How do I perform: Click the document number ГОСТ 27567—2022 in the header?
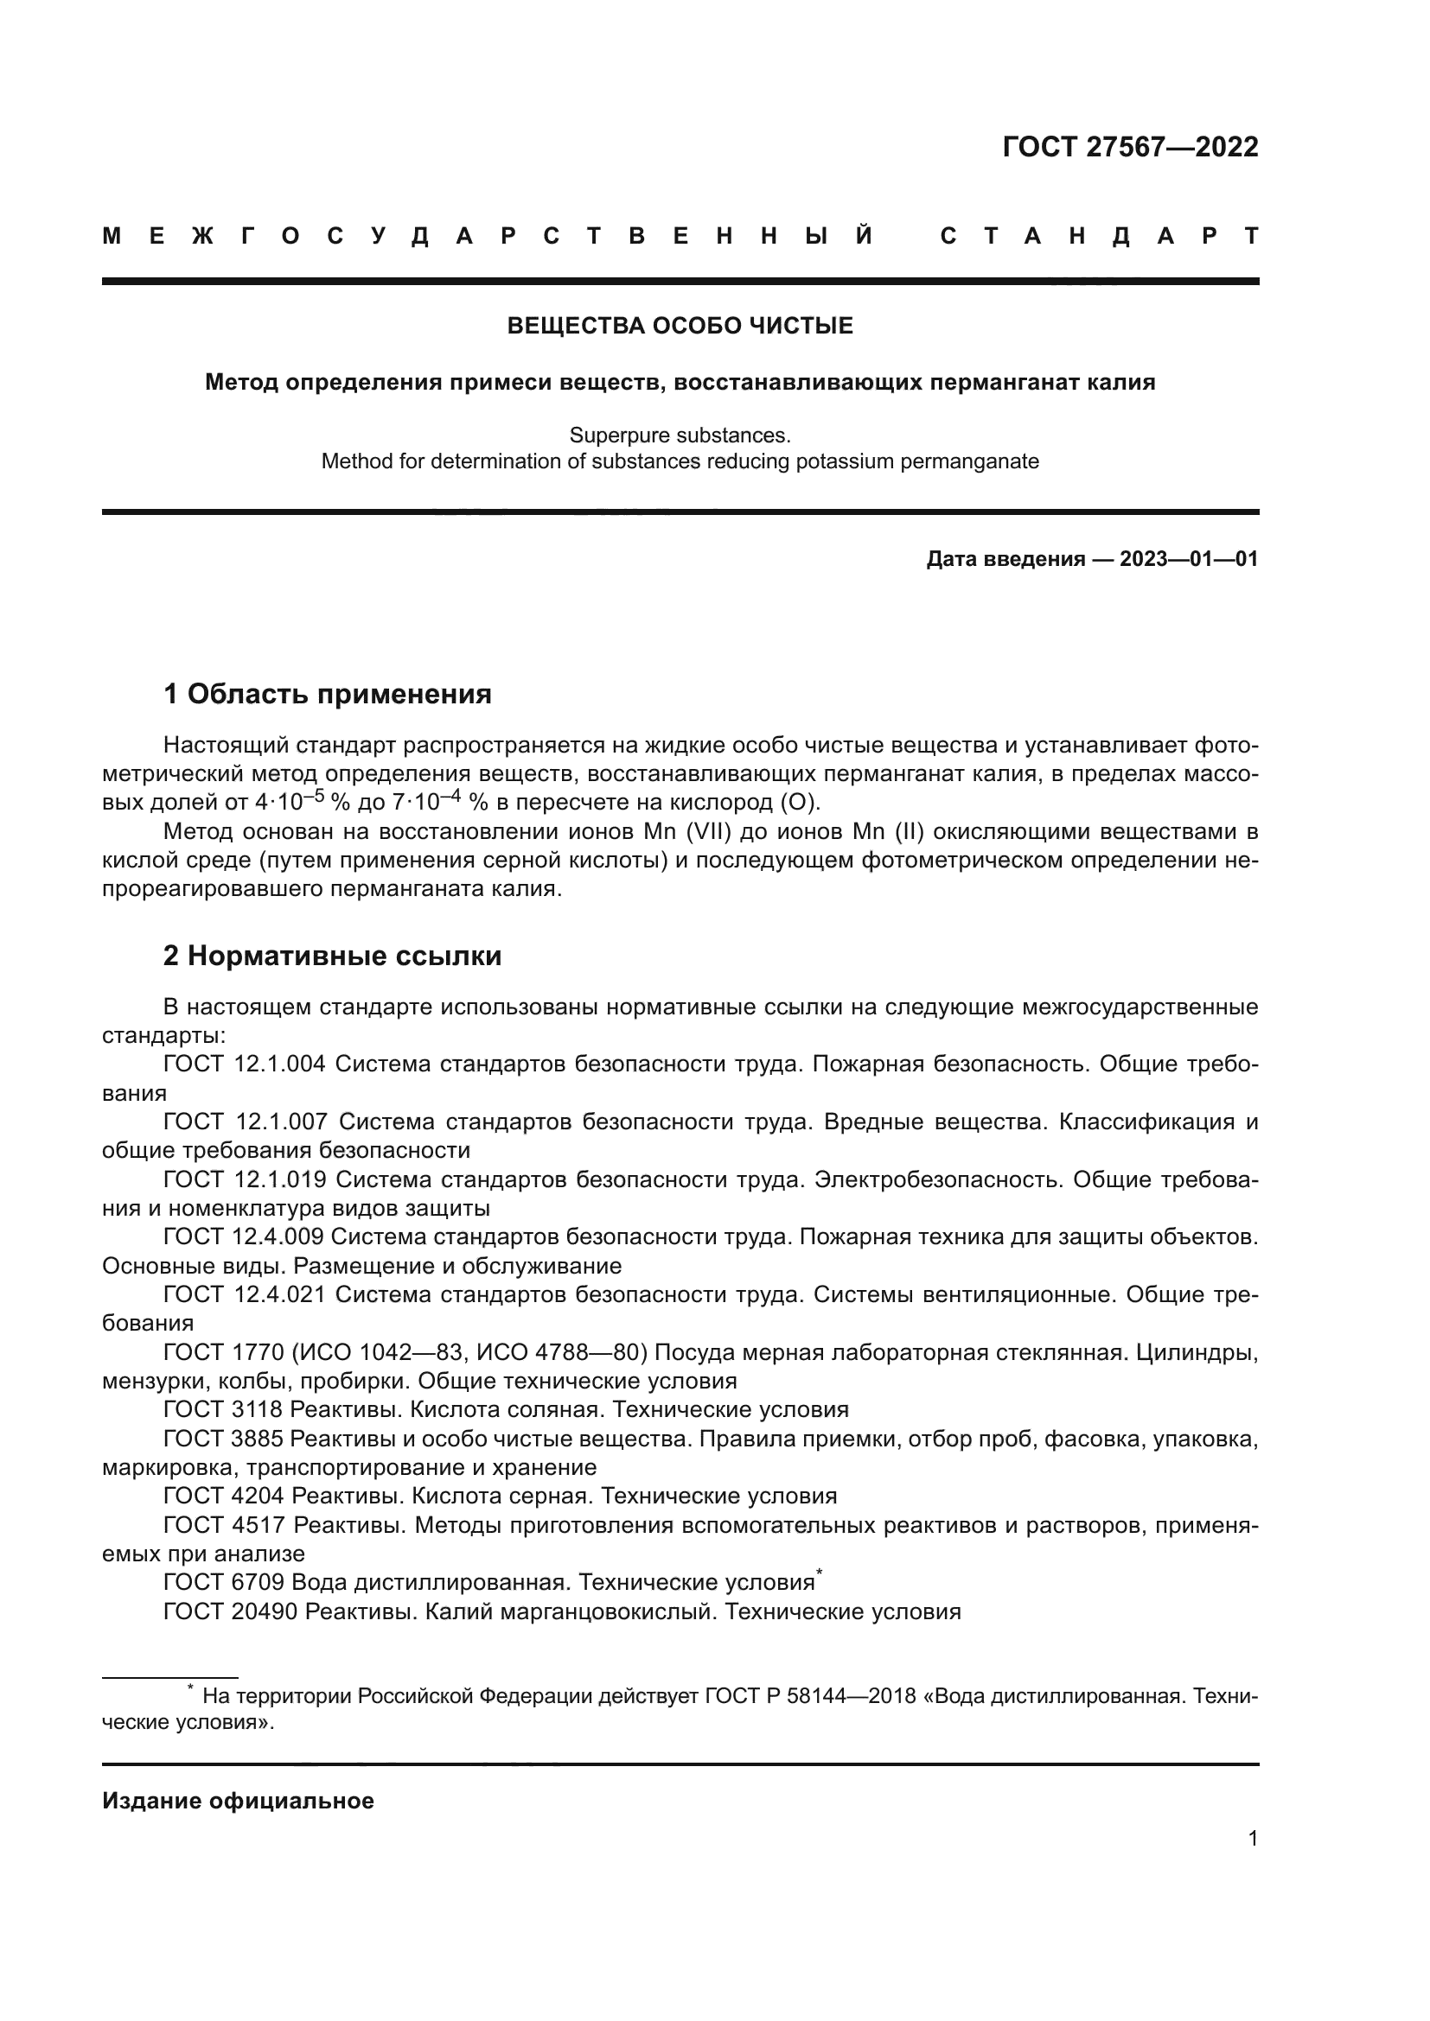[x=1130, y=147]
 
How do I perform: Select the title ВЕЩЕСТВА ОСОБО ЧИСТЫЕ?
[x=680, y=327]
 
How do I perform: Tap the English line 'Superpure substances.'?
[x=680, y=435]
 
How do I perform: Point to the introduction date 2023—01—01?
[x=1188, y=559]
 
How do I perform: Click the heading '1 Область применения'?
[x=327, y=695]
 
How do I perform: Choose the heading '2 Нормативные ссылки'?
[x=332, y=956]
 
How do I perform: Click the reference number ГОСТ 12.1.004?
[x=244, y=1065]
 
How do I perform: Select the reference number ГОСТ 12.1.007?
[x=245, y=1122]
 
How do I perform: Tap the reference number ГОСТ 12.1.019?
[x=244, y=1179]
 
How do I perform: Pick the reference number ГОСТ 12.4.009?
[x=244, y=1236]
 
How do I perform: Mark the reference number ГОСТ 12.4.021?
[x=244, y=1295]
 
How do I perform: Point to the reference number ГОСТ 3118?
[x=223, y=1409]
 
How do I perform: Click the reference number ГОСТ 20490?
[x=230, y=1611]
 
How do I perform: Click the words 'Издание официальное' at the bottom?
[x=238, y=1801]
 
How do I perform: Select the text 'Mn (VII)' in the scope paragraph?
[x=689, y=832]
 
